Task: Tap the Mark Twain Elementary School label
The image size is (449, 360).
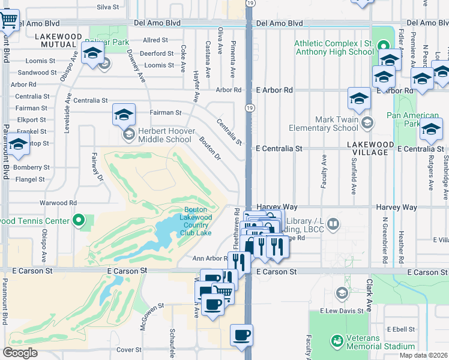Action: pos(323,124)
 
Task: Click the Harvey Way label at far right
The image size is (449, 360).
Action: pos(396,207)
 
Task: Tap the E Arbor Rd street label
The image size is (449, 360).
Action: pos(274,89)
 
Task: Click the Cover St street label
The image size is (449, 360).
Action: pos(129,349)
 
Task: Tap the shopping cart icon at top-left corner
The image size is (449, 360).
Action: pos(9,20)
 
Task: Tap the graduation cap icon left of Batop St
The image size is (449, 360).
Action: pos(18,145)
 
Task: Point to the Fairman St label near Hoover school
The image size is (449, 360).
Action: pos(165,112)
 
